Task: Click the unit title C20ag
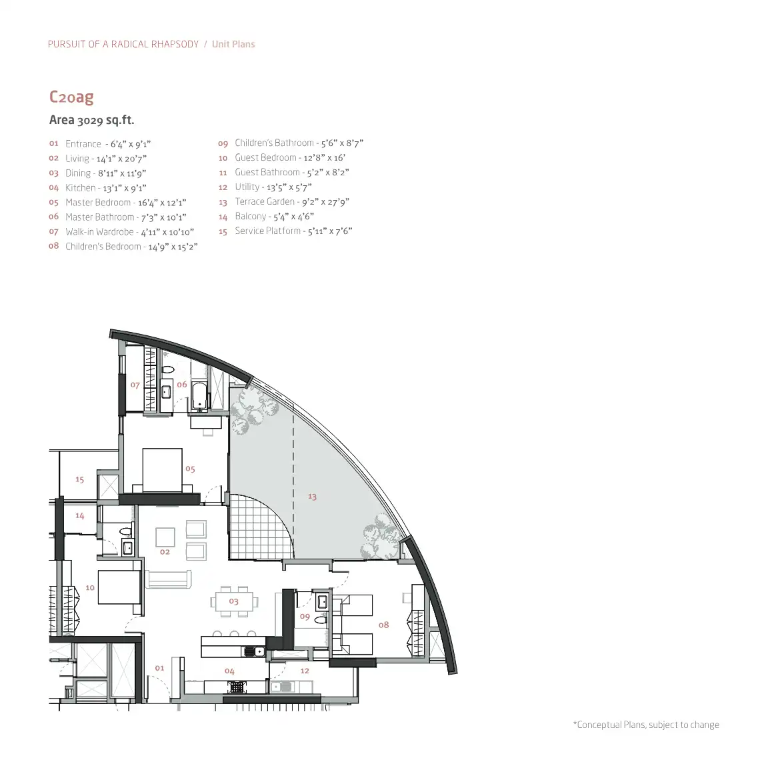click(71, 97)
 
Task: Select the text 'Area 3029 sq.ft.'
click(91, 120)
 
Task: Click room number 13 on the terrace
click(312, 497)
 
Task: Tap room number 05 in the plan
click(190, 469)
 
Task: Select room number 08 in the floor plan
click(383, 625)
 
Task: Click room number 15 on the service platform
click(79, 479)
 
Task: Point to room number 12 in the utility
click(305, 671)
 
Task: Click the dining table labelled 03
click(234, 601)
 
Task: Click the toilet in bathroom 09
click(321, 620)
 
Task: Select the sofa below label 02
click(168, 579)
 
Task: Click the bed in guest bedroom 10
click(120, 587)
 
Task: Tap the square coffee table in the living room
click(165, 537)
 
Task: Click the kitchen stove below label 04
click(237, 687)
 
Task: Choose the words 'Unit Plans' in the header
click(233, 44)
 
